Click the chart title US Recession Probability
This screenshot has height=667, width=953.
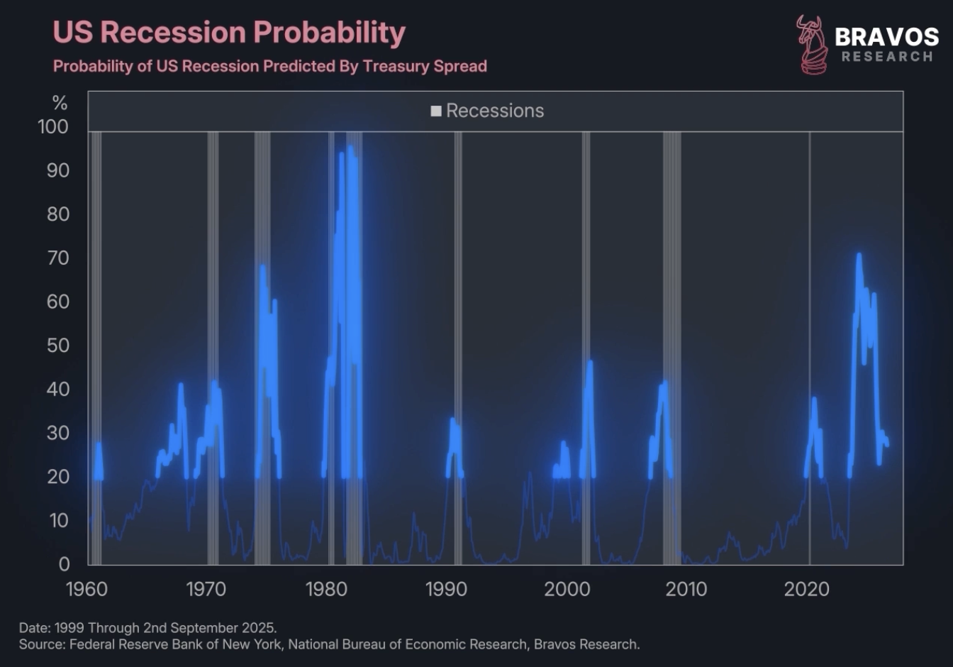(229, 33)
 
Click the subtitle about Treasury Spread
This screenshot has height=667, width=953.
(270, 67)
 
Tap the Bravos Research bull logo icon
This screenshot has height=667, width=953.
(812, 45)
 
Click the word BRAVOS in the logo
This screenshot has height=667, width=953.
(886, 36)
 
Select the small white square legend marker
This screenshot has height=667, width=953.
(436, 111)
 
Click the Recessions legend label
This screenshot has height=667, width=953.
(495, 111)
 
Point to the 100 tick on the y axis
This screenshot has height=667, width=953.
(53, 127)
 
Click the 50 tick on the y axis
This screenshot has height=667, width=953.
(58, 346)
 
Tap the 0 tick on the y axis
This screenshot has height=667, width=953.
(64, 564)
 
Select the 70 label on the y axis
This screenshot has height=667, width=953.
(58, 258)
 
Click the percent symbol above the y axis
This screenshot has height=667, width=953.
(60, 104)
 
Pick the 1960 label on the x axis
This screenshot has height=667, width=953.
(87, 589)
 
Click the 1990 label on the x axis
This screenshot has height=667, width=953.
(446, 589)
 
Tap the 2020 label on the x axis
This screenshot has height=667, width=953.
(807, 589)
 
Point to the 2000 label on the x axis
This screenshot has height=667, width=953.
(567, 589)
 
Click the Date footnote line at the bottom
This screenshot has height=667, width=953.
(147, 628)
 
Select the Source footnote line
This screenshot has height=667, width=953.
(329, 644)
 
